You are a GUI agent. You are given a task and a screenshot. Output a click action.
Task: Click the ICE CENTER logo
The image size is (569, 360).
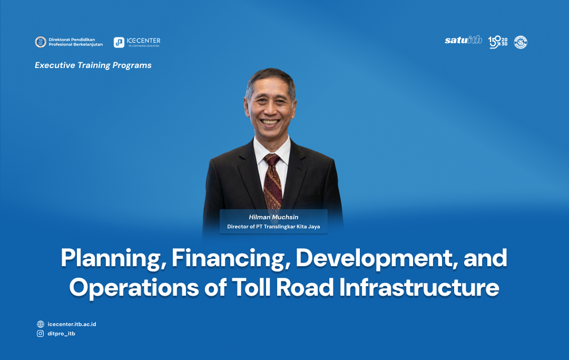click(137, 42)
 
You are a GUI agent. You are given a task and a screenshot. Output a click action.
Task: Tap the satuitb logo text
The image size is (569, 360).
click(463, 41)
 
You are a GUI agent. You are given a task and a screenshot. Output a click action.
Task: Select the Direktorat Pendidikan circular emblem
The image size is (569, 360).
click(40, 42)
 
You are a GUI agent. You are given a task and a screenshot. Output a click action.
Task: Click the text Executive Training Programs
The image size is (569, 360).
click(93, 65)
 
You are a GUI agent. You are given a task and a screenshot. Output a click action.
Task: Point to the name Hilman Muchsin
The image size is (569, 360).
click(273, 217)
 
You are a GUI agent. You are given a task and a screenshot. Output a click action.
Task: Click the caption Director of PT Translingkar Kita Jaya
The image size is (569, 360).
click(273, 227)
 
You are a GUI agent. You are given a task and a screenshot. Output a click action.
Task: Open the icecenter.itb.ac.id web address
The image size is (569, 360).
click(72, 324)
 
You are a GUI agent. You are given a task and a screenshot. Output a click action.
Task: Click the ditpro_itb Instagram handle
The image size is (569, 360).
click(61, 334)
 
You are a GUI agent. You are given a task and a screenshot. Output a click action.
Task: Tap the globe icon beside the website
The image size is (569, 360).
click(41, 324)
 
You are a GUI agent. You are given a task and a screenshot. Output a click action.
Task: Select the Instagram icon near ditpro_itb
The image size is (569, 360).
click(41, 334)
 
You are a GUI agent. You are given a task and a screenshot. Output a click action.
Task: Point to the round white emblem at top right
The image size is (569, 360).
click(521, 42)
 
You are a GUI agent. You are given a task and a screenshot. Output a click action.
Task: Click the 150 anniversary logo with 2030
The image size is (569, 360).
click(497, 42)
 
